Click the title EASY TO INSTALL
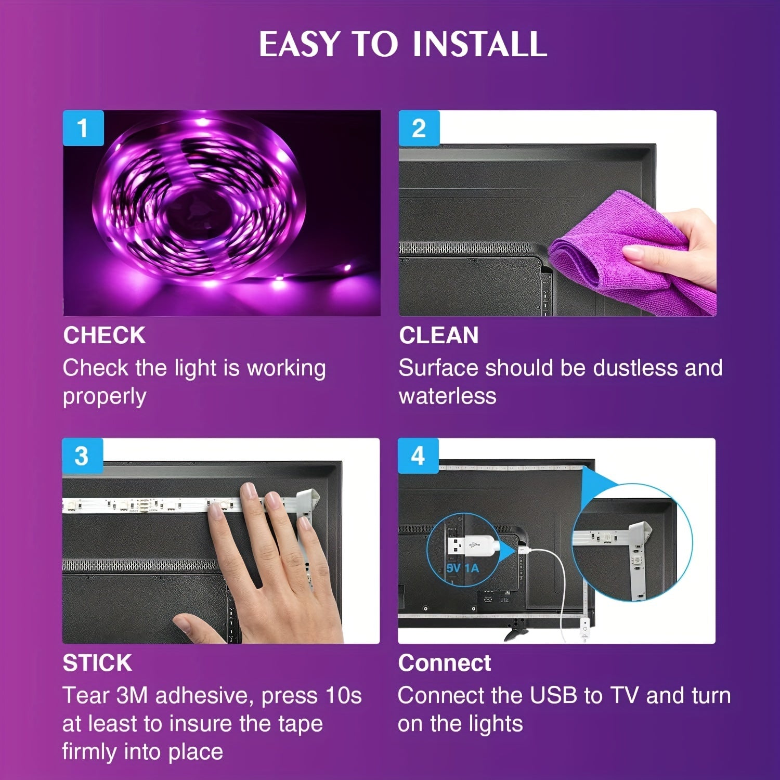tap(402, 44)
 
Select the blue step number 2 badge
tap(419, 128)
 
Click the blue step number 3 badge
tap(82, 456)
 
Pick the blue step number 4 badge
tap(418, 456)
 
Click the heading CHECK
tap(104, 335)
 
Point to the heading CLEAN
tap(438, 335)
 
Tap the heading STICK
tap(97, 663)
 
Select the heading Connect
tap(444, 663)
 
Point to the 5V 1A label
tap(462, 568)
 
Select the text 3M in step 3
tap(133, 696)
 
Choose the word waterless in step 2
tap(447, 396)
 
